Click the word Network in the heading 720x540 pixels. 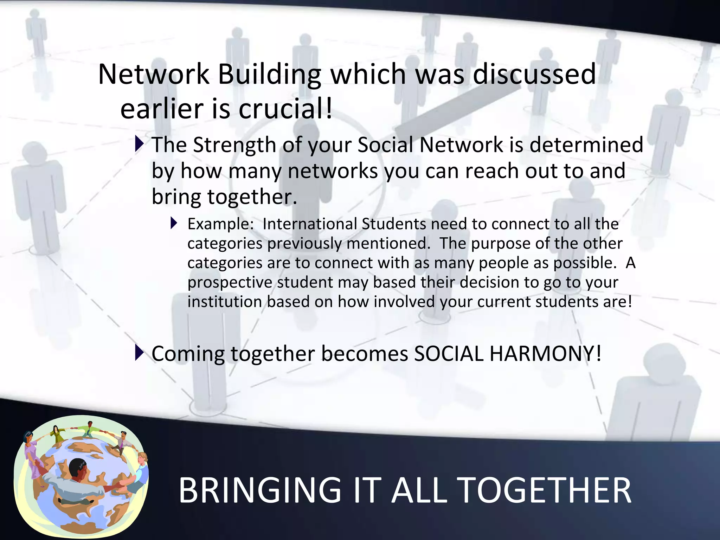tap(154, 75)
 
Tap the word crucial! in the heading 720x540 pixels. tap(285, 109)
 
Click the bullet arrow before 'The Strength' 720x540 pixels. tap(139, 144)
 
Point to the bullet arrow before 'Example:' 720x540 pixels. tap(174, 223)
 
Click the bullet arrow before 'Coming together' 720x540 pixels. tap(139, 353)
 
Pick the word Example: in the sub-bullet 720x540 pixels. tap(220, 224)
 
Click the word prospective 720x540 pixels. tap(230, 283)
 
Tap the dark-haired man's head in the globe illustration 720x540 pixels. tap(77, 469)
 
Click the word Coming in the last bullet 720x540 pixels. tap(188, 354)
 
